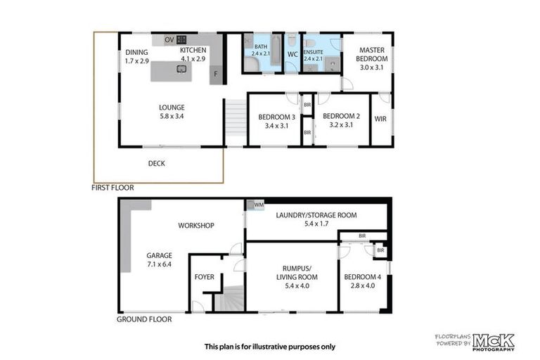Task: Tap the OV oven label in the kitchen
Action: click(x=169, y=40)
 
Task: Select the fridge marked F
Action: click(x=216, y=73)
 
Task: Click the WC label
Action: click(x=292, y=53)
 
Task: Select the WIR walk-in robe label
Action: click(x=380, y=119)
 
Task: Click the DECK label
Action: click(x=157, y=163)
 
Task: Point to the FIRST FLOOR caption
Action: click(x=112, y=188)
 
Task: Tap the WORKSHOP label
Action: click(x=195, y=226)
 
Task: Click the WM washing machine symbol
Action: click(x=250, y=205)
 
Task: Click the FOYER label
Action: click(x=204, y=277)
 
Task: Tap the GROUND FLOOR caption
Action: click(x=143, y=319)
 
